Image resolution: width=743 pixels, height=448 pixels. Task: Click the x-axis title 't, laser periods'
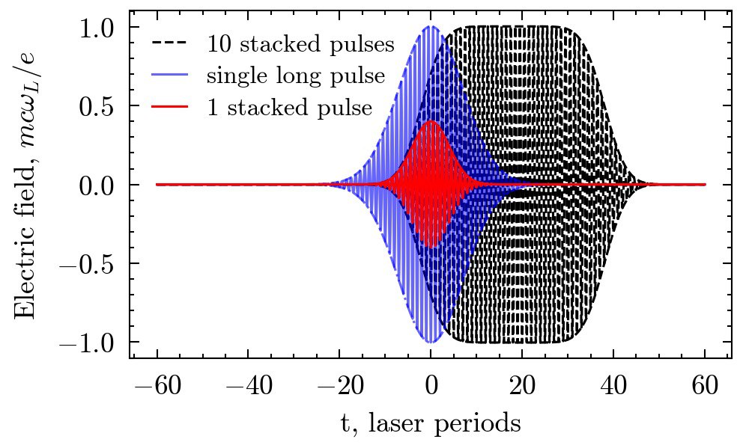point(431,424)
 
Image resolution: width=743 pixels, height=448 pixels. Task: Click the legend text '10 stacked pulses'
point(300,44)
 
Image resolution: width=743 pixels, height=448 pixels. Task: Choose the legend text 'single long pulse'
point(296,76)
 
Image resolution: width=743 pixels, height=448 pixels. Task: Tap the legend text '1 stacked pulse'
point(289,108)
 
